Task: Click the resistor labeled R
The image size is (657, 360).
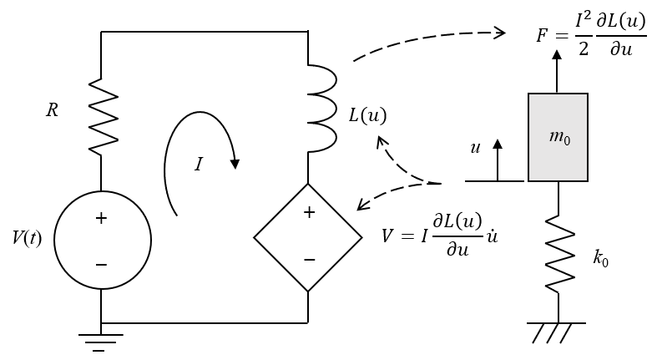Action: [x=102, y=118]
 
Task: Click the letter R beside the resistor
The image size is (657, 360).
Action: [x=52, y=110]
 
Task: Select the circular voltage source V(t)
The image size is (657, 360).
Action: [x=103, y=241]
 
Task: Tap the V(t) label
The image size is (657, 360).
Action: [x=27, y=238]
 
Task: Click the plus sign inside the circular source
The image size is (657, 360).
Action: [x=101, y=219]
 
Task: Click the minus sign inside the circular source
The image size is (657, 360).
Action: [x=101, y=265]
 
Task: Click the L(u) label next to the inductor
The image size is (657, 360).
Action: [x=367, y=115]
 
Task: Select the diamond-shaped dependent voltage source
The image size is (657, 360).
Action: [x=308, y=237]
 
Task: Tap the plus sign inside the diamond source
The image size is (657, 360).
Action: [x=309, y=213]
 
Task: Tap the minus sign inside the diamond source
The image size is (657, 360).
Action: [x=309, y=260]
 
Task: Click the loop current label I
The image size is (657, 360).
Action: [x=198, y=165]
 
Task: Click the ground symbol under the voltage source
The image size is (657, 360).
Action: [x=100, y=341]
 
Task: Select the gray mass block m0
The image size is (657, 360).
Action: [x=558, y=137]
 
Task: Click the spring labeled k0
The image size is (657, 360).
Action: [x=559, y=254]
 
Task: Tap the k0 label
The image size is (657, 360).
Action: [x=601, y=258]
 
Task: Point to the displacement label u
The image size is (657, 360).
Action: [x=475, y=148]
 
